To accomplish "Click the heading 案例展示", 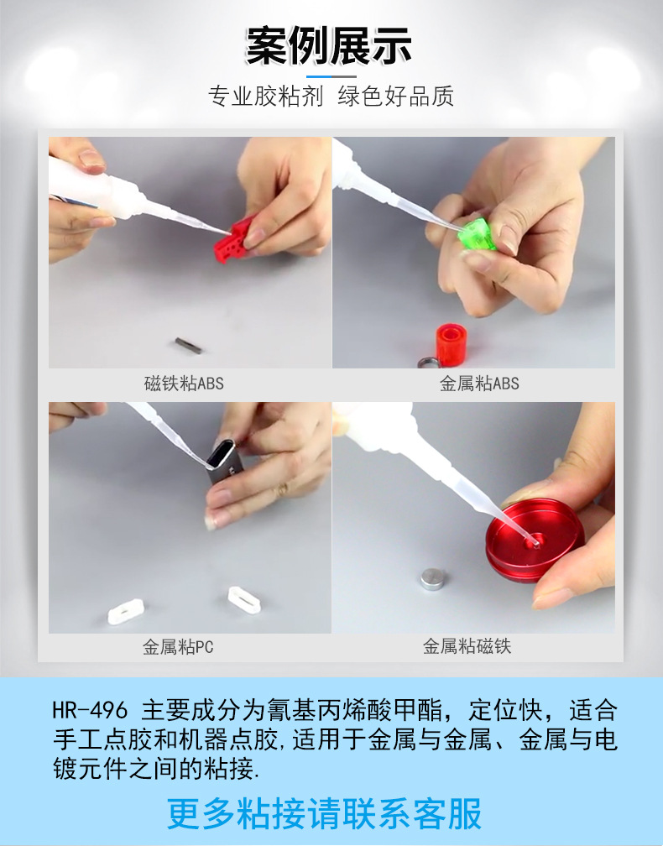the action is [328, 46].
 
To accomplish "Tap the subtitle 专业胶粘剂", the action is [265, 96].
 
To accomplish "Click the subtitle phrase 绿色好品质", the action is [395, 96].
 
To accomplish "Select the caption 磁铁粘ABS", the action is [184, 384].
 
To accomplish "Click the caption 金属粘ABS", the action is [479, 384].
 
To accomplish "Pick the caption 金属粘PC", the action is [178, 646].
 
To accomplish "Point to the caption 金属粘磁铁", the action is [467, 646].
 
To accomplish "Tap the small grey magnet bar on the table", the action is [189, 345].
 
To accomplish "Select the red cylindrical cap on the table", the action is [452, 344].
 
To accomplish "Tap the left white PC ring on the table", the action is [126, 612].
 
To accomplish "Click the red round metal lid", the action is [534, 540].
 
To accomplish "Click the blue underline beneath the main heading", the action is [331, 76].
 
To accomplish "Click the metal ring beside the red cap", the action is [427, 362].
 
